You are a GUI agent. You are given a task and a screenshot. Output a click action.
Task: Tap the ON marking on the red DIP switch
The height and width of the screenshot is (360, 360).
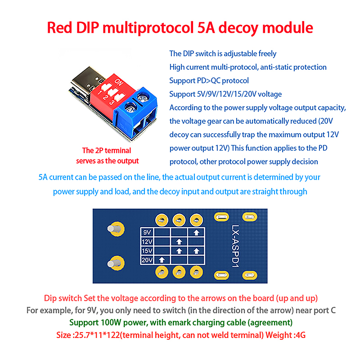point(119,83)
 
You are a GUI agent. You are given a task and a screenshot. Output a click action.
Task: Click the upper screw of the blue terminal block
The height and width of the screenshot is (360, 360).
point(143,96)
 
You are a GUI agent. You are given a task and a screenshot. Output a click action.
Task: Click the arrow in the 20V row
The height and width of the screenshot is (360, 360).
point(162,260)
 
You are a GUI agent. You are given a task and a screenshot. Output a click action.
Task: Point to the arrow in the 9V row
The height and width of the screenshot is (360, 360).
point(196,233)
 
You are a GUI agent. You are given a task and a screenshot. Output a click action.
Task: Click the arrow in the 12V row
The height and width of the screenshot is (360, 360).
point(179,242)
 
